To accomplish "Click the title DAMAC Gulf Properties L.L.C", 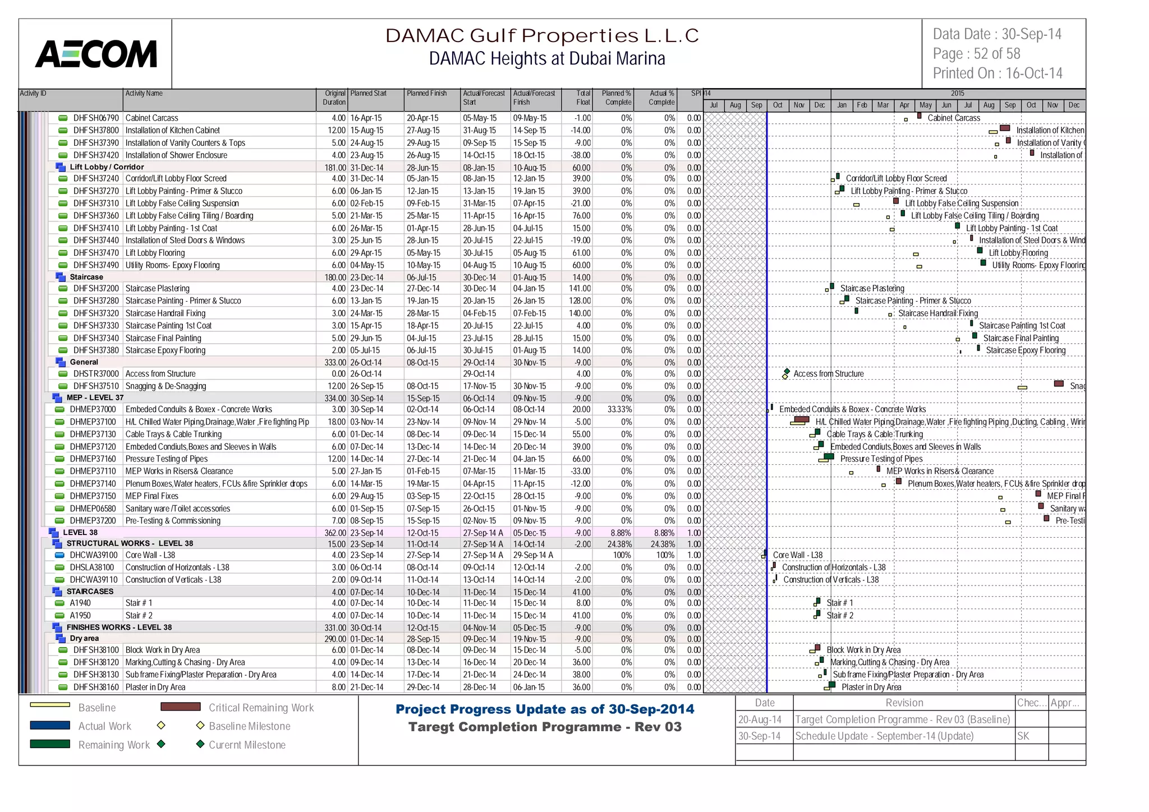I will coord(542,35).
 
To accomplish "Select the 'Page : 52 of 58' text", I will coord(976,54).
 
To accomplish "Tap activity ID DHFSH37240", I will coord(96,178).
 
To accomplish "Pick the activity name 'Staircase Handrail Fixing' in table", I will coord(166,313).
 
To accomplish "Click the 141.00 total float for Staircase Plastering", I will coord(580,288).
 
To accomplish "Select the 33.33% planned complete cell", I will coord(619,409).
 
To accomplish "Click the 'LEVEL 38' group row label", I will coord(80,532).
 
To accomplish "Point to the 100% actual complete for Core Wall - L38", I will coord(665,555).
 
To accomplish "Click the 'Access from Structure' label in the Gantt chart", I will coord(828,373).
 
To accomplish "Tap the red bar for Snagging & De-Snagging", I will coord(1059,384).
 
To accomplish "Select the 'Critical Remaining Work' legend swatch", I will coord(180,707).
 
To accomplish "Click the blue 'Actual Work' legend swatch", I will coord(50,725).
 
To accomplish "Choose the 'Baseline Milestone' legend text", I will coord(250,726).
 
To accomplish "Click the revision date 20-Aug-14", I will coord(760,719).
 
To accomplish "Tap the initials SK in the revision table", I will coord(1023,736).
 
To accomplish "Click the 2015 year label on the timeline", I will coord(957,93).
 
